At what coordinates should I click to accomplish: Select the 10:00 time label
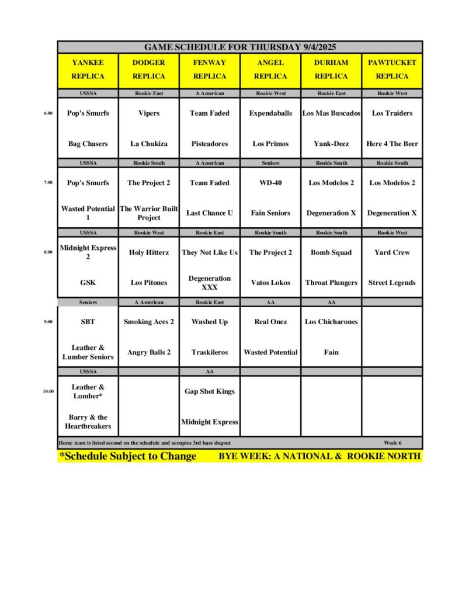48,391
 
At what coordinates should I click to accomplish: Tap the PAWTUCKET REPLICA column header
392,69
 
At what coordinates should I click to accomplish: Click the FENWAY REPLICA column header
210,69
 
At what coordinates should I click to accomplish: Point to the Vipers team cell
148,113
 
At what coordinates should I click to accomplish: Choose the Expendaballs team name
270,113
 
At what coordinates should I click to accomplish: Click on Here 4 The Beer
392,144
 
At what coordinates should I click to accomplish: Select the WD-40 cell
270,183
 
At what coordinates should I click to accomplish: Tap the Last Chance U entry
210,213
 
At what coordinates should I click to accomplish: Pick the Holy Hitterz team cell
148,252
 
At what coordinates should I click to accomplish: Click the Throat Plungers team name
331,283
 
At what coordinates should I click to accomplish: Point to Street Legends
392,283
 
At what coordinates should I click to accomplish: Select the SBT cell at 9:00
88,322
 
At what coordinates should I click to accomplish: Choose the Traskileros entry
210,352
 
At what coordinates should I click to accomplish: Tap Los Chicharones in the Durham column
331,322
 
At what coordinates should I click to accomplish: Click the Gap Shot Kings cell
210,391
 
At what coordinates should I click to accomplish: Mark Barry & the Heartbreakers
88,422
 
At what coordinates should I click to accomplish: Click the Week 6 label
392,443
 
